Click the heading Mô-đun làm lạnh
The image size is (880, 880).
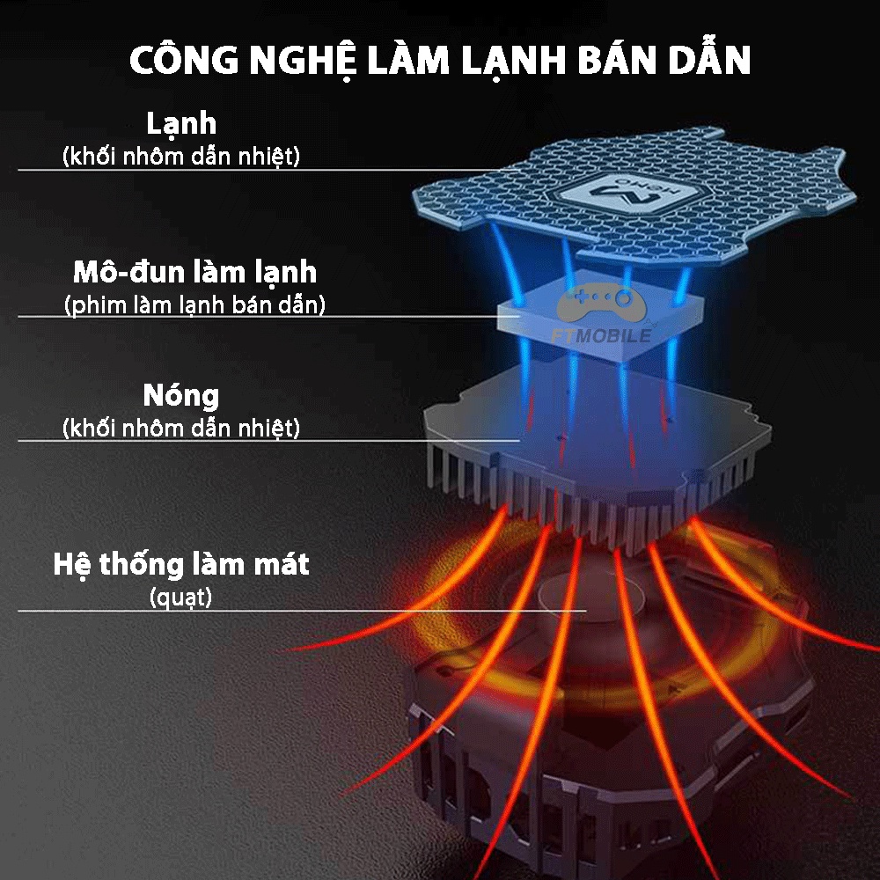(194, 271)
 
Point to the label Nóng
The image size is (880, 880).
(181, 395)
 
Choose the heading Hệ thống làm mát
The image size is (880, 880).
(181, 563)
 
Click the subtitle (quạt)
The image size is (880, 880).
(181, 598)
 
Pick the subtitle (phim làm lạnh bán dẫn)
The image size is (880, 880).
(194, 305)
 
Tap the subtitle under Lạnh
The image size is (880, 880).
(181, 157)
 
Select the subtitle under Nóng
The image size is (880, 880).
(181, 429)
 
